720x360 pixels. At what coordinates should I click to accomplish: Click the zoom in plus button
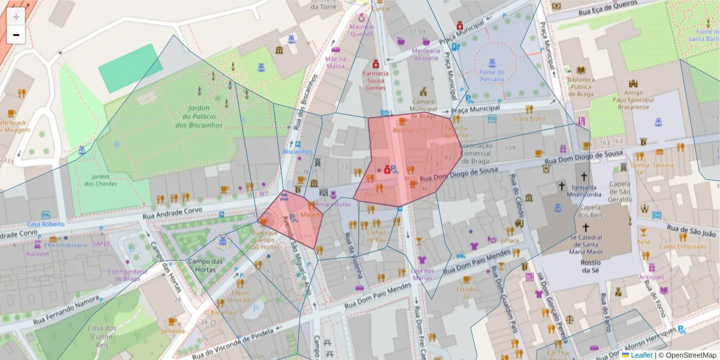tap(16, 16)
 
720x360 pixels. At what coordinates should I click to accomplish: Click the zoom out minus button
tap(16, 35)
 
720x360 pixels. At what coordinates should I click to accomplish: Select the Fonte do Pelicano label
tap(491, 76)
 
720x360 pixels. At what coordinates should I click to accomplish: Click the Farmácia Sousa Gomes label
tap(376, 80)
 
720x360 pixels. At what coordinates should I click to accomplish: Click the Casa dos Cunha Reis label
tap(102, 337)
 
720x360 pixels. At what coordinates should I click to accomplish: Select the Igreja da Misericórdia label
tap(585, 190)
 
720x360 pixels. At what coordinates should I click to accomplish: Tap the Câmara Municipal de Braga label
tap(424, 109)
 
